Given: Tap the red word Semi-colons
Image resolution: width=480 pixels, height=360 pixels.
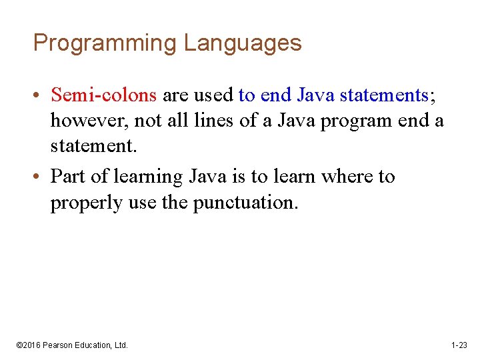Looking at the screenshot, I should [x=103, y=95].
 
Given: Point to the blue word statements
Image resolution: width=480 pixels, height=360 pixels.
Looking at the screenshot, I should [x=384, y=95].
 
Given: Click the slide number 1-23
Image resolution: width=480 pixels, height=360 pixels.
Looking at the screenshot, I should [x=459, y=345].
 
